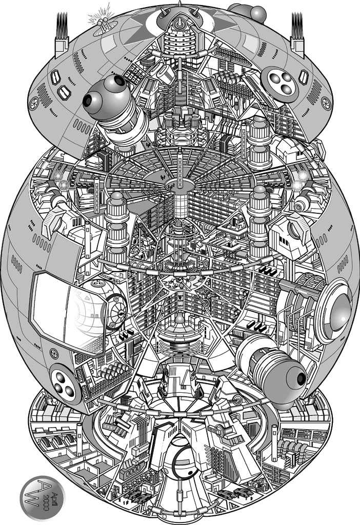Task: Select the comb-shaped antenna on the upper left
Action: coord(62,33)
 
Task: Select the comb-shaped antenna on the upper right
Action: coord(297,33)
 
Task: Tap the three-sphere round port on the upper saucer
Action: coord(279,84)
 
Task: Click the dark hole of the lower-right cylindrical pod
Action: coord(301,379)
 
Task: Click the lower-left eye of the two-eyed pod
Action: coord(88,100)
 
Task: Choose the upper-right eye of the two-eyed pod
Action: coord(119,80)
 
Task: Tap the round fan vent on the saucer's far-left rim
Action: coord(34,103)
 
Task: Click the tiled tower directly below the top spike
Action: coord(180,39)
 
